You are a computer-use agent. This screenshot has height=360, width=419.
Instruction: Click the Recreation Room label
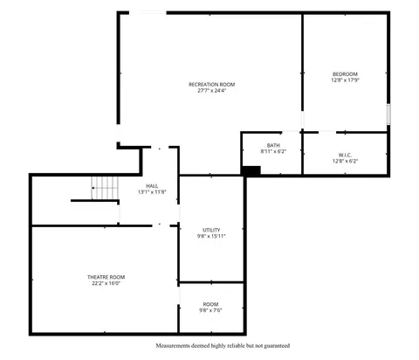[x=212, y=85]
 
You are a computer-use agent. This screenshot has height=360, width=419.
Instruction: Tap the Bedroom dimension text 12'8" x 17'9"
[x=346, y=80]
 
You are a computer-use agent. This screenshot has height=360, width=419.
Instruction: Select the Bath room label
[x=273, y=145]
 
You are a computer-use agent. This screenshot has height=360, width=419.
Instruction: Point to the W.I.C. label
[x=345, y=155]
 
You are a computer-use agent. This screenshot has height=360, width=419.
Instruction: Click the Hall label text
[x=152, y=186]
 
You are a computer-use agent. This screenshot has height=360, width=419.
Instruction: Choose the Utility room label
[x=211, y=230]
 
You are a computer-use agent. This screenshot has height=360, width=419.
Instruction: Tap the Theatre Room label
[x=106, y=277]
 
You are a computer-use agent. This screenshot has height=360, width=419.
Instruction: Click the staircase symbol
[x=105, y=188]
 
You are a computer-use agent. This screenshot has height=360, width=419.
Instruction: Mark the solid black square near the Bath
[x=251, y=170]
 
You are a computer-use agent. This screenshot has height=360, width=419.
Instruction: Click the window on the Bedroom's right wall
[x=388, y=114]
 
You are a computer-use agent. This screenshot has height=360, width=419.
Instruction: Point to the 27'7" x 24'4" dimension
[x=212, y=90]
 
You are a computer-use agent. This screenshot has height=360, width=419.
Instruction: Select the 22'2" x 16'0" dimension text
[x=106, y=283]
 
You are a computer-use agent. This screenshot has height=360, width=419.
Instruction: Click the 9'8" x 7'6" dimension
[x=210, y=310]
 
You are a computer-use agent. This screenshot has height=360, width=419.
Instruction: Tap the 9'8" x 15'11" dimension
[x=211, y=236]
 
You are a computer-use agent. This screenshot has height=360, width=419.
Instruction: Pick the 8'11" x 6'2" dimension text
[x=273, y=151]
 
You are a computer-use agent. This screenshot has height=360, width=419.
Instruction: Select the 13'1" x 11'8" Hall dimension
[x=152, y=192]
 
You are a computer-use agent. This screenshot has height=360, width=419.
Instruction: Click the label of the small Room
[x=211, y=304]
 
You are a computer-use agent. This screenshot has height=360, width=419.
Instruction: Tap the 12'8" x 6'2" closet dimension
[x=345, y=161]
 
